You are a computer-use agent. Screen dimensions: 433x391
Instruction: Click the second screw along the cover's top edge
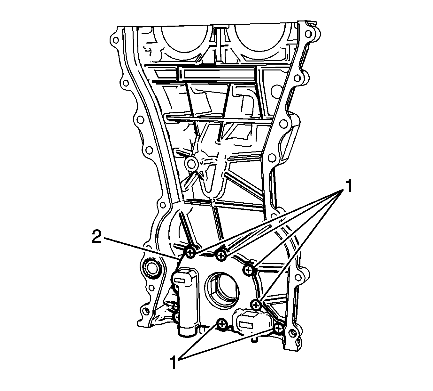click(221, 255)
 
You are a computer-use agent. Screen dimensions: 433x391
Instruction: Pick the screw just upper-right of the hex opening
click(249, 270)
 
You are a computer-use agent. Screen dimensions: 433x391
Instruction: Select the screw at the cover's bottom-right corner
click(279, 329)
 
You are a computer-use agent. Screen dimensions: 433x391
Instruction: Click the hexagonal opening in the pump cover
click(222, 289)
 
